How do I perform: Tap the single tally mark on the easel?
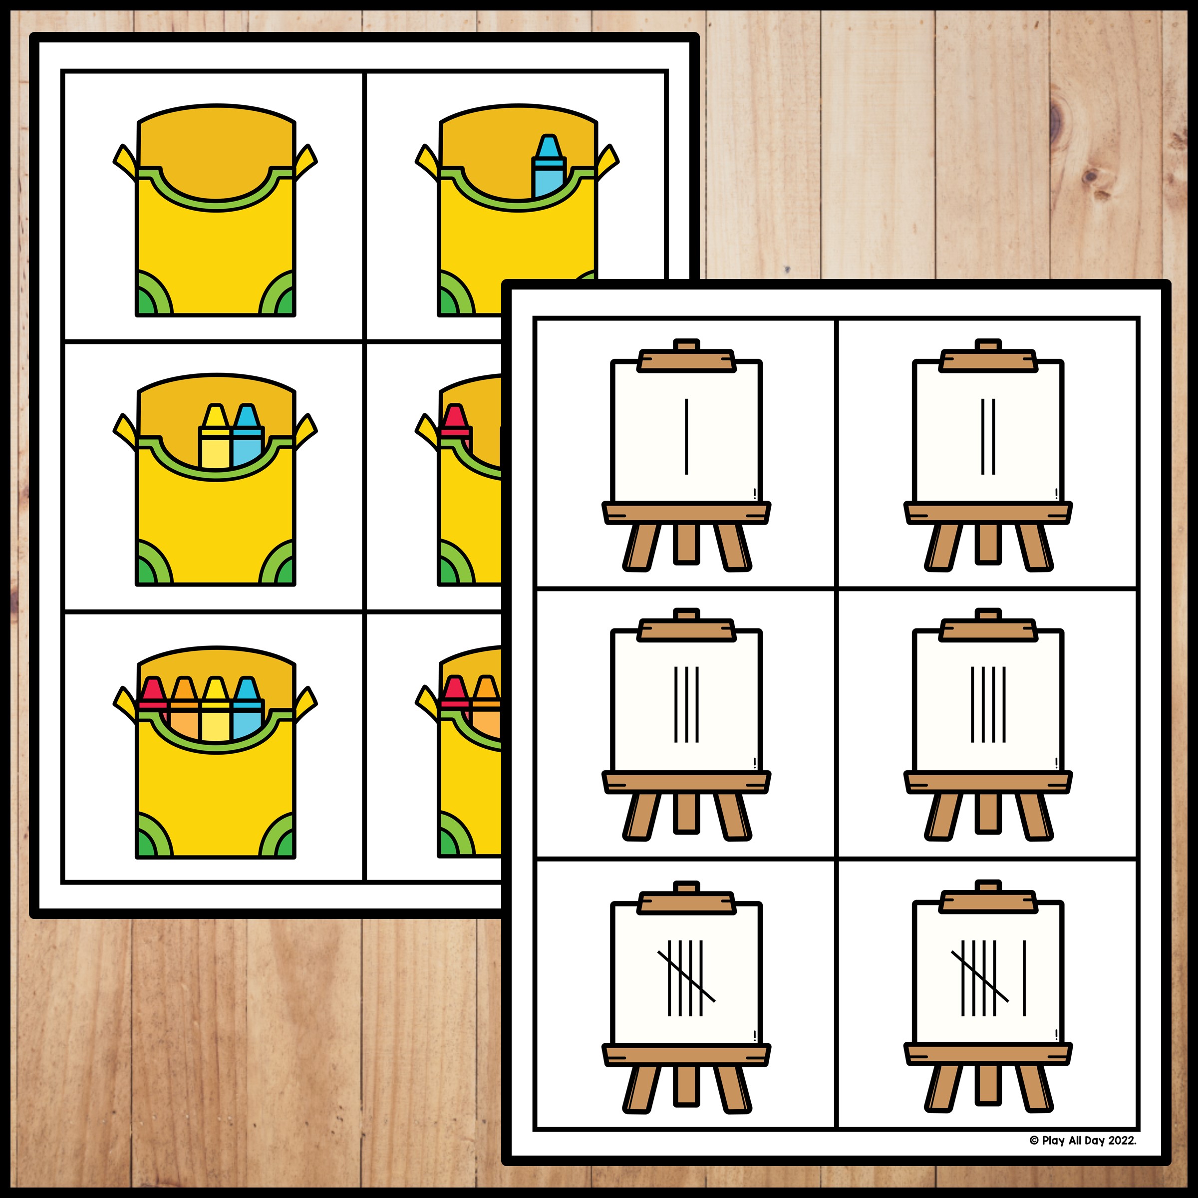(x=686, y=437)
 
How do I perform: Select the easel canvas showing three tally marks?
(x=686, y=704)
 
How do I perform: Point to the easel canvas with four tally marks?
(x=988, y=704)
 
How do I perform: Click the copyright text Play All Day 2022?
(x=1083, y=1158)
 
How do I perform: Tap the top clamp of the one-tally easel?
(x=686, y=359)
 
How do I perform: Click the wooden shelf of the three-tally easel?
(x=686, y=782)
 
